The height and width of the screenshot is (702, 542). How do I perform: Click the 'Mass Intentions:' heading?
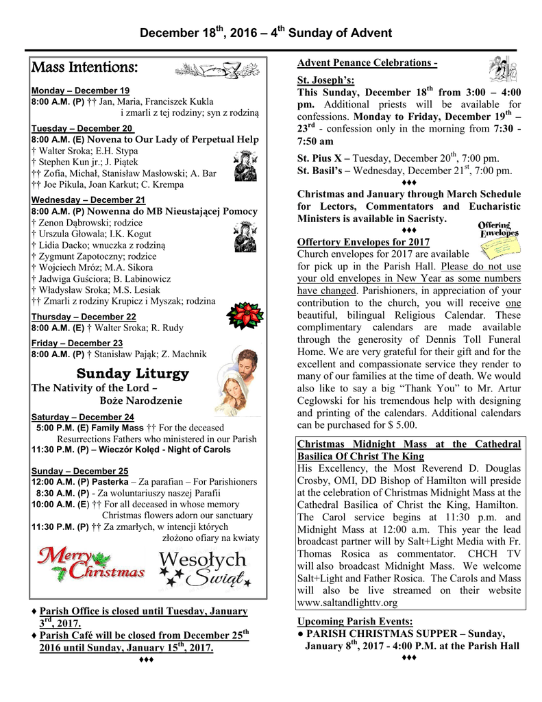coord(85,68)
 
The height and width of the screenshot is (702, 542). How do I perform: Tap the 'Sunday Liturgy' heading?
coord(132,374)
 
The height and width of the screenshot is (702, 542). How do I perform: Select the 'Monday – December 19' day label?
coord(80,90)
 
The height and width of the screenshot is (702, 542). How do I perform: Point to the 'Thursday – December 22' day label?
coord(84,317)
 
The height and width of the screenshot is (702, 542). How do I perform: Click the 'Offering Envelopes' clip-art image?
coord(498,230)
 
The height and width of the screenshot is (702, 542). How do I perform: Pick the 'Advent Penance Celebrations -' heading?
coord(367,63)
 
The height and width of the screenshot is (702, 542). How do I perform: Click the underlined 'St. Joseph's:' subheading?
coord(325,81)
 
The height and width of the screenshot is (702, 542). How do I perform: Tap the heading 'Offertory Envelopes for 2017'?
coord(363,242)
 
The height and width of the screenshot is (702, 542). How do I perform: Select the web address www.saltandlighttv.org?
coord(347,603)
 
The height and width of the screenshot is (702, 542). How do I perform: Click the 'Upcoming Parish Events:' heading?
coord(354,622)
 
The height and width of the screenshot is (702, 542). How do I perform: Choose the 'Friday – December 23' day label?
coord(77,343)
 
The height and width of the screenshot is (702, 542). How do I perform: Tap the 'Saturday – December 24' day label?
coord(82,417)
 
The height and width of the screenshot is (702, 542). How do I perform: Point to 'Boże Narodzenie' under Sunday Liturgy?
coord(140,400)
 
